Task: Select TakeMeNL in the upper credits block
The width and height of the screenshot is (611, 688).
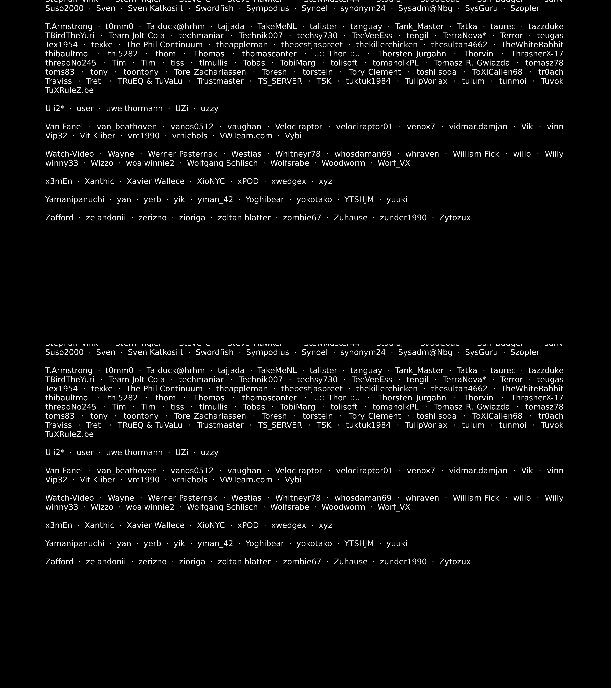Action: [277, 27]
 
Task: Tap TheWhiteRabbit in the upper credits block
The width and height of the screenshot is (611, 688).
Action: [532, 45]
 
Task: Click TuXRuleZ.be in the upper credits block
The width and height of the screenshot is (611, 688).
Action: [69, 90]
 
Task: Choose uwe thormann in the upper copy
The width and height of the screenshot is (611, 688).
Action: [134, 108]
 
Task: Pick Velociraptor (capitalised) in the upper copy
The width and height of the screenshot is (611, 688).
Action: [298, 127]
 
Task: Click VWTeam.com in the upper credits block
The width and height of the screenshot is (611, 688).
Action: [246, 136]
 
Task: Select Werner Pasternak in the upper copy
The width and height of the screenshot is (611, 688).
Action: [183, 154]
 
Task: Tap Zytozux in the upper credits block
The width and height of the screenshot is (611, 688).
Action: [455, 218]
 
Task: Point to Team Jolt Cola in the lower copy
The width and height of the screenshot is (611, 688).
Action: [137, 380]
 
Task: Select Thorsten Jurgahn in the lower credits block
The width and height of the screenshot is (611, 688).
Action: [412, 398]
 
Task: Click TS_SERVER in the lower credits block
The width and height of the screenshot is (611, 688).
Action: [280, 425]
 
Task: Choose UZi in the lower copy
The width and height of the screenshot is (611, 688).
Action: [182, 452]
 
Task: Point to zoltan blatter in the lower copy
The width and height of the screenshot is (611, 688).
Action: [244, 562]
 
